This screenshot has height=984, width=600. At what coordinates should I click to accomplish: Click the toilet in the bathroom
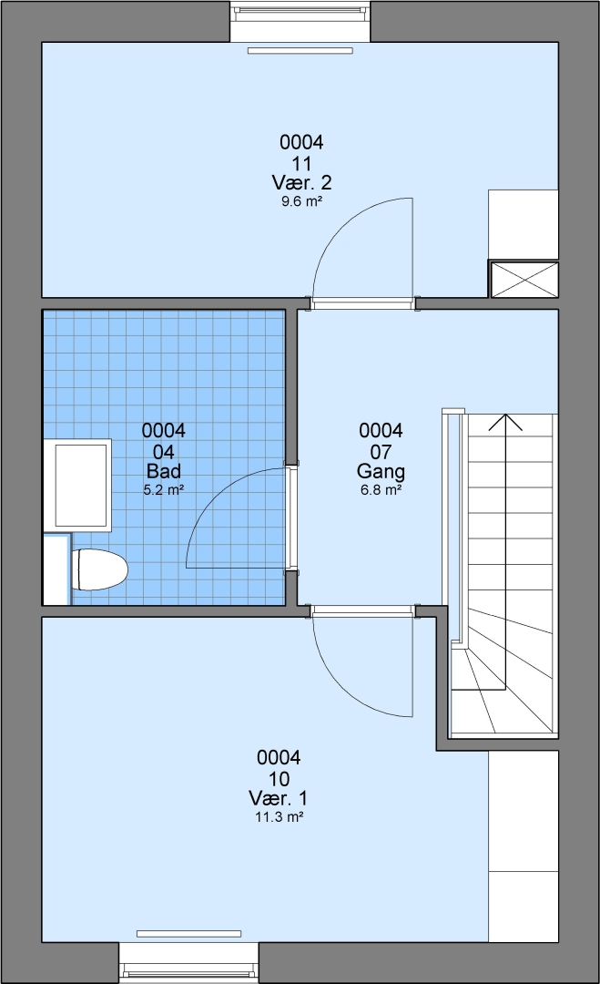[100, 569]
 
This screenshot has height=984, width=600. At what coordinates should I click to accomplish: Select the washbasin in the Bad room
[80, 485]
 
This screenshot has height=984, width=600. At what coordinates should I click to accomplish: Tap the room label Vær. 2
[301, 182]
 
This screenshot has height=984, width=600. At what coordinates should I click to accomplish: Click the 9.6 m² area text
[301, 201]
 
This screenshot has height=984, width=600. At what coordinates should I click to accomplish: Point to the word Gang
[381, 471]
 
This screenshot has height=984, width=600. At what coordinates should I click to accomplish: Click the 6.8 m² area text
[381, 490]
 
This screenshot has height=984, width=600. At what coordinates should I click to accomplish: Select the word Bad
[164, 471]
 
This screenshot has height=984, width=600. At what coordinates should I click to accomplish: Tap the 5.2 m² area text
[164, 490]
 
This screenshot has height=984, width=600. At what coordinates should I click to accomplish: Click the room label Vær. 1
[279, 798]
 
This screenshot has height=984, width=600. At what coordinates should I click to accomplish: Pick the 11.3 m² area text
[279, 817]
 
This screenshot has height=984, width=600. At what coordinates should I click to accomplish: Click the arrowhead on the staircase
[505, 422]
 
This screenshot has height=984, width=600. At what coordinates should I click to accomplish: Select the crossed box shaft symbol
[524, 280]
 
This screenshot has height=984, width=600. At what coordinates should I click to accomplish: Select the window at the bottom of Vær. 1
[188, 963]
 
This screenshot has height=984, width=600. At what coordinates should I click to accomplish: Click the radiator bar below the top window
[300, 50]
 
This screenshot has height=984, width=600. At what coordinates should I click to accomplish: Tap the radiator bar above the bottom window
[188, 934]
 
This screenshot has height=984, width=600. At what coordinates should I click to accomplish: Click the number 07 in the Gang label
[381, 452]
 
